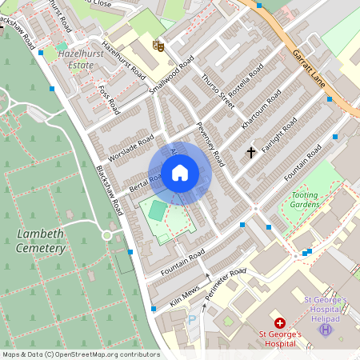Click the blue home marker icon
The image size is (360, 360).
pyautogui.click(x=180, y=172)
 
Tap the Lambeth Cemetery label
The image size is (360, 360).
pyautogui.click(x=39, y=241)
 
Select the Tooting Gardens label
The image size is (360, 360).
pyautogui.click(x=304, y=199)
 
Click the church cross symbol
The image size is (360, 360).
pyautogui.click(x=251, y=151)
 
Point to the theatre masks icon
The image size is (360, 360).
pyautogui.click(x=158, y=46)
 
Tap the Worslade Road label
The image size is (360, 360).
pyautogui.click(x=130, y=147)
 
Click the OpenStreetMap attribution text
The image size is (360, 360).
pyautogui.click(x=80, y=354)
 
